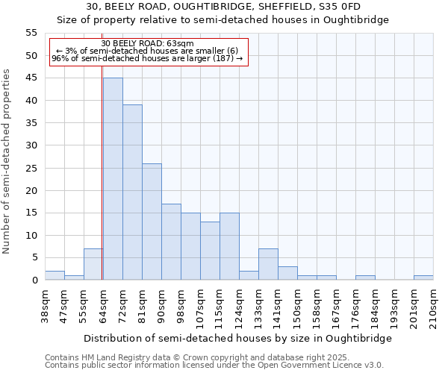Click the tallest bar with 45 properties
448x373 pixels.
113,179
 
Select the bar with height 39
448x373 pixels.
132,192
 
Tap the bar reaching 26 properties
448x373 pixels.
152,222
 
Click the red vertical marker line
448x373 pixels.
102,172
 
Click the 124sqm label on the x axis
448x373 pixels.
239,304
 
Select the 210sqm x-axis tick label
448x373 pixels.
433,304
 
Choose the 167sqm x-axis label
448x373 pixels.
336,304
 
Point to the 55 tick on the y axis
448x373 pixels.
31,33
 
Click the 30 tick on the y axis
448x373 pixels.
31,145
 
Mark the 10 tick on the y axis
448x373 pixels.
31,235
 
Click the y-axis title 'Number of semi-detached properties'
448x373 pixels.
7,161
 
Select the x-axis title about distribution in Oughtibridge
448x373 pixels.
237,338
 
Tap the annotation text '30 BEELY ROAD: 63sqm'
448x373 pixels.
147,43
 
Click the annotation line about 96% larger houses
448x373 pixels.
147,58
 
